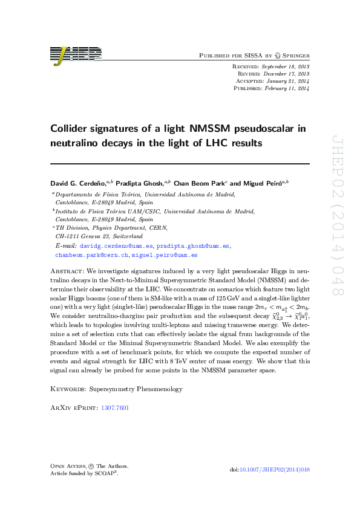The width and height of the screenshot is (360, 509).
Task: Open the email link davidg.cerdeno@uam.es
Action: tap(116, 247)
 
